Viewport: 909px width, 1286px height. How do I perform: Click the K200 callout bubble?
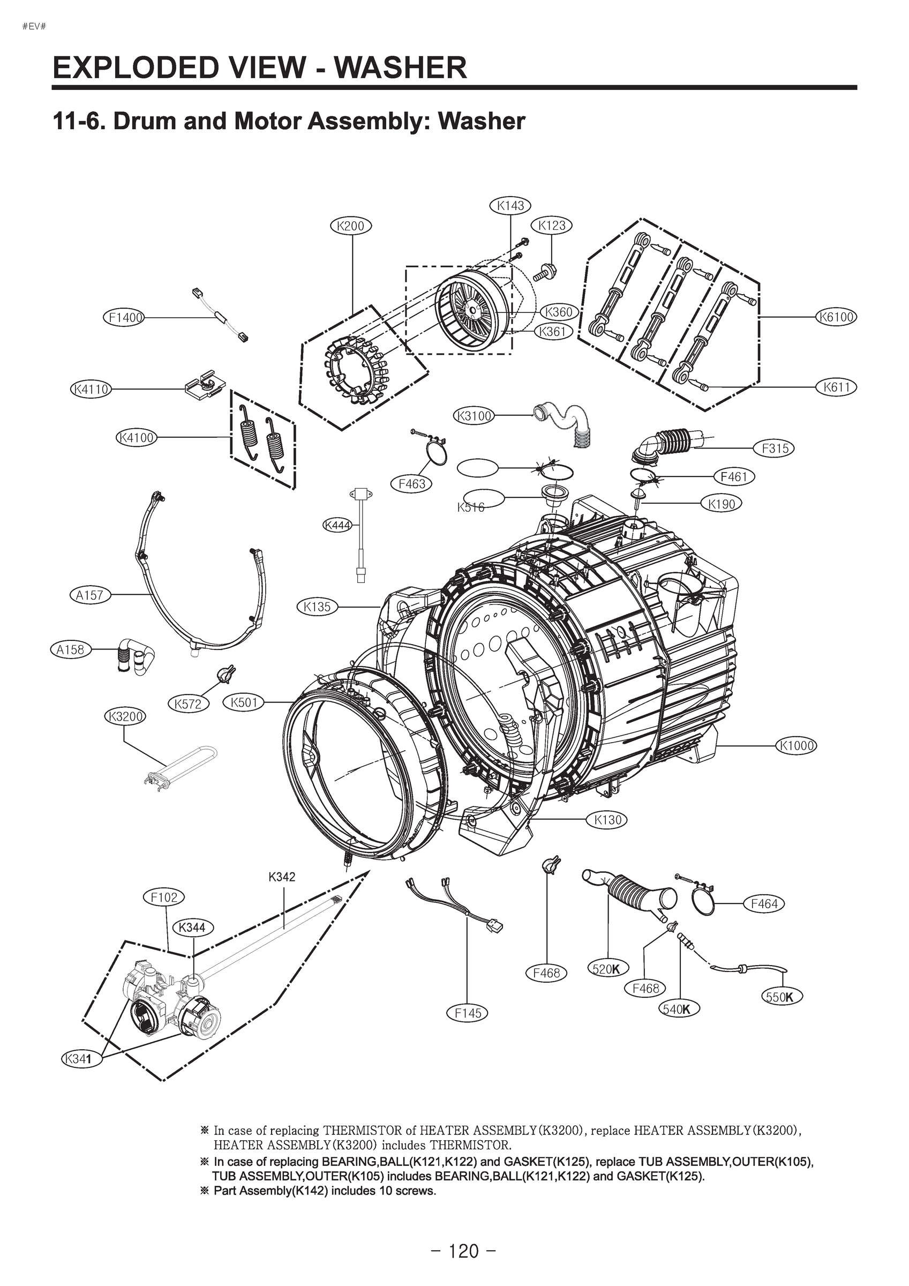point(351,226)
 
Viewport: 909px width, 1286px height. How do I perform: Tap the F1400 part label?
point(124,318)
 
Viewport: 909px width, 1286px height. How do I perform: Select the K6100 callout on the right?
point(836,317)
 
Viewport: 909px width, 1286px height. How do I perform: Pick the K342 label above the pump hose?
point(282,877)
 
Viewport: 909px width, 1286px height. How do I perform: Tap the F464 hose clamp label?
point(764,903)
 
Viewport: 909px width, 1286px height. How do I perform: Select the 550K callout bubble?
point(782,997)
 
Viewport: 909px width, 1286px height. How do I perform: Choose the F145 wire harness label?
point(468,1013)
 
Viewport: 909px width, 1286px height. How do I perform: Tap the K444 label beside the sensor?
point(337,525)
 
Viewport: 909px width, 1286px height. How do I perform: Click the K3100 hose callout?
point(474,416)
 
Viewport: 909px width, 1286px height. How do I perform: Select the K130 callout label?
point(607,820)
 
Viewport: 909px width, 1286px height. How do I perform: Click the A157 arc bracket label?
point(89,595)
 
